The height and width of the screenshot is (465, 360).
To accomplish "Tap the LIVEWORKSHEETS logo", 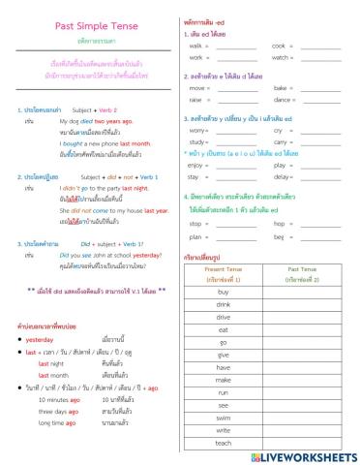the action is click(x=300, y=453).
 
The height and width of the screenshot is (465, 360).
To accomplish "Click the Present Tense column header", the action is click(x=224, y=270).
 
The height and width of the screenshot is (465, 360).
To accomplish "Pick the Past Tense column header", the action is click(x=303, y=270).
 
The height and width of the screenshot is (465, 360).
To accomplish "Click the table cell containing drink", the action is click(x=224, y=303).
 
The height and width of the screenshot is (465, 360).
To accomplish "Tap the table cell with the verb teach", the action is click(x=224, y=443).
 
